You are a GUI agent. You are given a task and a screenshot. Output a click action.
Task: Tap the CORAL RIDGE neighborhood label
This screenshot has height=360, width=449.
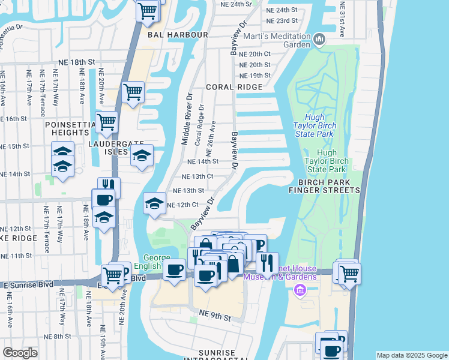pos(234,87)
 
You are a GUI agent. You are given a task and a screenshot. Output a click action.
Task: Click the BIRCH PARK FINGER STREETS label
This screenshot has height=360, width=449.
pos(324,186)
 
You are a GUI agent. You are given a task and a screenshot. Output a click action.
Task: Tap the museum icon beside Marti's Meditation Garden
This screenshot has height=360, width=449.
pos(319,40)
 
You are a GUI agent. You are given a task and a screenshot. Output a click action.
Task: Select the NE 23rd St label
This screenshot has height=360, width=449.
pos(282,20)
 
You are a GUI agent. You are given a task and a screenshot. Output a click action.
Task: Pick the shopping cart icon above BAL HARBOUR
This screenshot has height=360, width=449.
pos(146,10)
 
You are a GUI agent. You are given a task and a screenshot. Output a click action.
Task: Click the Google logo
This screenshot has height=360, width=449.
pos(20,353)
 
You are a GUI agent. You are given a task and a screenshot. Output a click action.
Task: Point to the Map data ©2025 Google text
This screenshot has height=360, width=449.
pos(412,355)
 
